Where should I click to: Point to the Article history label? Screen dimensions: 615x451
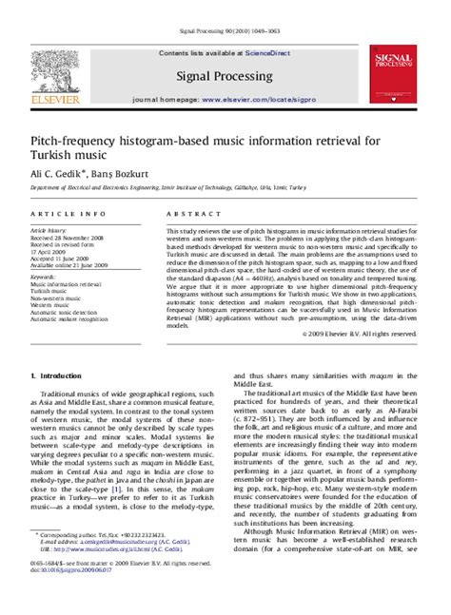[x=51, y=231]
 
